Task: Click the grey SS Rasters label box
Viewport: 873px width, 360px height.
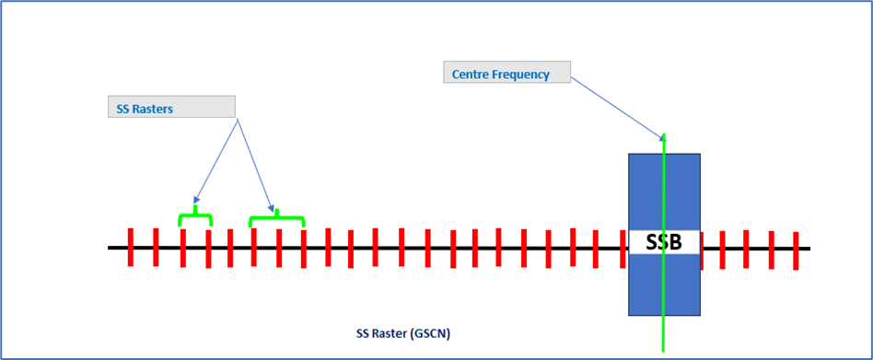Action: tap(171, 107)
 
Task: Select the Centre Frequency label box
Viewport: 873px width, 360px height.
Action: tap(506, 74)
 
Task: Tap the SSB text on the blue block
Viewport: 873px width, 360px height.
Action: tap(663, 243)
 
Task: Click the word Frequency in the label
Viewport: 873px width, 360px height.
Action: tap(520, 75)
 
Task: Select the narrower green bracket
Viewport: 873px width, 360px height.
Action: tap(195, 217)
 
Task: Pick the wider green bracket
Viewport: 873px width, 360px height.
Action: tap(276, 217)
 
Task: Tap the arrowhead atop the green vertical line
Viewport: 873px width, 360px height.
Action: tap(663, 137)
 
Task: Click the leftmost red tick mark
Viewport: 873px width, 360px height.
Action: tap(131, 247)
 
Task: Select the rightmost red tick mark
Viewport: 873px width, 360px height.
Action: tap(796, 250)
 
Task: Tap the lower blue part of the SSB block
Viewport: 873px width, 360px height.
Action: tap(663, 285)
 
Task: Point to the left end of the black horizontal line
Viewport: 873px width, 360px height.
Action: tap(111, 248)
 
